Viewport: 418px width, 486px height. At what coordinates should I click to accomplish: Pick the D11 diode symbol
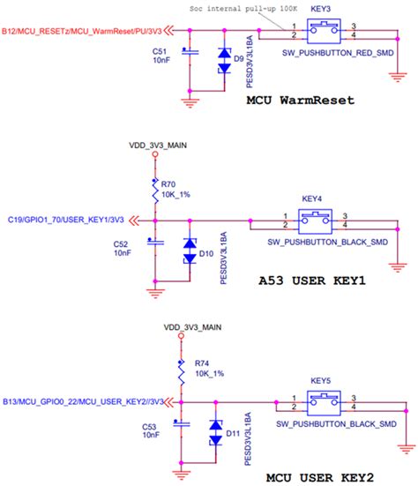(215, 435)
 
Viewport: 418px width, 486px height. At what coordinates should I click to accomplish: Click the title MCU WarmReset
(301, 101)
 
